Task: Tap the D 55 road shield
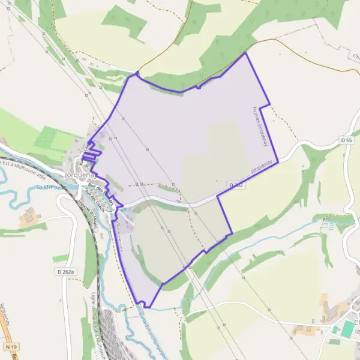(345, 140)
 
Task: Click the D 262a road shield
(66, 272)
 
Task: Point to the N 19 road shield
(9, 347)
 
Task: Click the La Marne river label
(50, 188)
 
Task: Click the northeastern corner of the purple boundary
(245, 53)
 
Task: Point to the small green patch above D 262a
(61, 258)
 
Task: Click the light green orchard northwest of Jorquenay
(54, 139)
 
